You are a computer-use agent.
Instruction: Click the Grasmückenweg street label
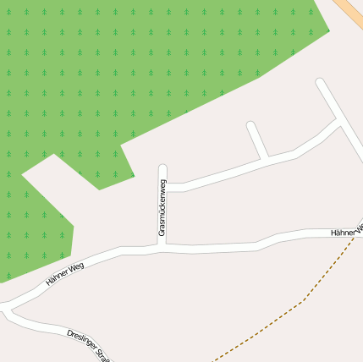pyautogui.click(x=163, y=207)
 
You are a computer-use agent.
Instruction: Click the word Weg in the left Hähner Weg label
pyautogui.click(x=83, y=267)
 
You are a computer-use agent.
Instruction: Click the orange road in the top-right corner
pyautogui.click(x=349, y=11)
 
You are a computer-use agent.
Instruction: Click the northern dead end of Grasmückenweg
pyautogui.click(x=162, y=168)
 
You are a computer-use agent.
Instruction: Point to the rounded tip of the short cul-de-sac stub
pyautogui.click(x=251, y=126)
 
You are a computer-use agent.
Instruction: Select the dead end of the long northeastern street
pyautogui.click(x=321, y=83)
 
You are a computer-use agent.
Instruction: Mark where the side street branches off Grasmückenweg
pyautogui.click(x=163, y=188)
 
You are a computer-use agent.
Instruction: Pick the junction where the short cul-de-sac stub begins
pyautogui.click(x=266, y=160)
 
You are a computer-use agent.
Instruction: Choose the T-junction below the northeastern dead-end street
pyautogui.click(x=340, y=122)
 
